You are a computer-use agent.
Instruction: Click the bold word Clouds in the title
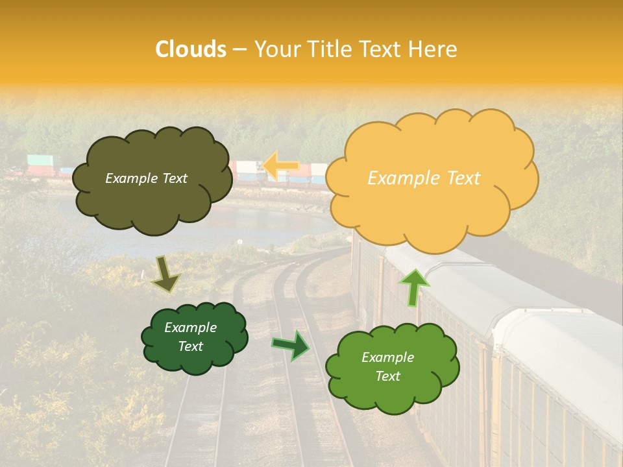click(x=191, y=49)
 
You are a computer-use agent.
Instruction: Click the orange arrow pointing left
click(x=280, y=166)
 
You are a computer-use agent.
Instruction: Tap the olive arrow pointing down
click(x=165, y=274)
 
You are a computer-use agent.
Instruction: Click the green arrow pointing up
click(x=413, y=287)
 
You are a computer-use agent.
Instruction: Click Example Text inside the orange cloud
click(x=424, y=178)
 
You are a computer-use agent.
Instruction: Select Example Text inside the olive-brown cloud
click(x=146, y=178)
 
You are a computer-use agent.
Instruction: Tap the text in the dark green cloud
click(x=190, y=337)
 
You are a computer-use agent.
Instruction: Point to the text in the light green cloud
click(x=387, y=366)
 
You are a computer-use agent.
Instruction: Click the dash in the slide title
click(x=239, y=49)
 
